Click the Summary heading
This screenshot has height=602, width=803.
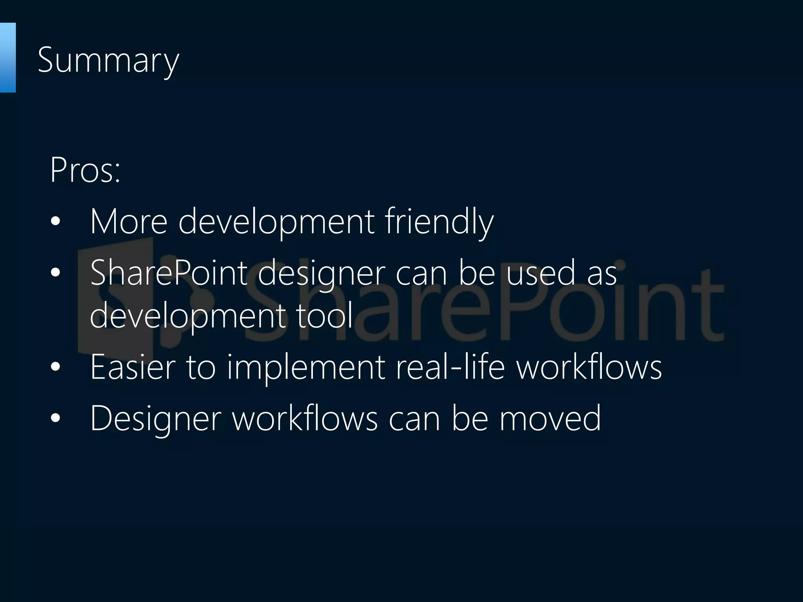click(x=108, y=61)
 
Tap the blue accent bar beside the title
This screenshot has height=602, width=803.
click(x=7, y=58)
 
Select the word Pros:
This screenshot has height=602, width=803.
click(x=85, y=170)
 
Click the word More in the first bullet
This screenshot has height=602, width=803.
click(x=129, y=222)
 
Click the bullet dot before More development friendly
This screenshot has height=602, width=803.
click(x=56, y=222)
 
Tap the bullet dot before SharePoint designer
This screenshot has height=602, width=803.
click(x=56, y=273)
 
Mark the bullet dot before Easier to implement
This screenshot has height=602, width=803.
click(x=56, y=367)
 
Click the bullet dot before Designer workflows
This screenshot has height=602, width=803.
click(x=56, y=418)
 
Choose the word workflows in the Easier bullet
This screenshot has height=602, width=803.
click(x=589, y=367)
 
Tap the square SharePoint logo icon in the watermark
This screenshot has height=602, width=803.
click(x=118, y=298)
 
